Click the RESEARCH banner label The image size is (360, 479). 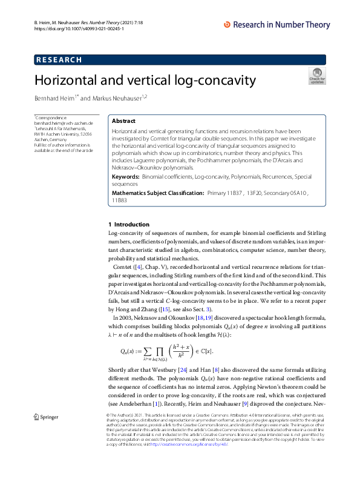(59, 59)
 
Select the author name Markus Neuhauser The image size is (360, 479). (115, 98)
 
